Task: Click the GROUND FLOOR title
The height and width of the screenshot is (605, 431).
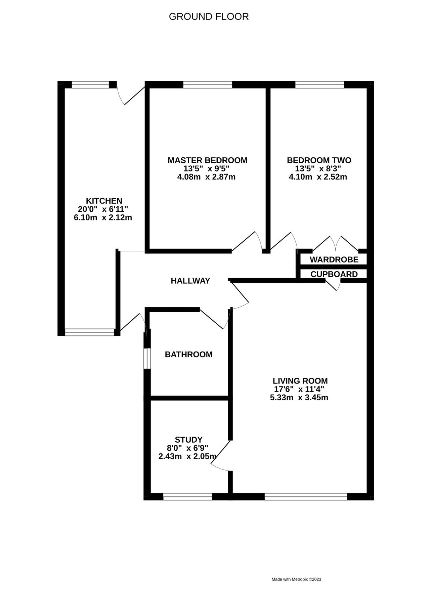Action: point(209,17)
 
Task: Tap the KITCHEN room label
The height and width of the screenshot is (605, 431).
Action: point(104,201)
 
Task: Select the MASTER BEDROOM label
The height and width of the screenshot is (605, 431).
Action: point(207,160)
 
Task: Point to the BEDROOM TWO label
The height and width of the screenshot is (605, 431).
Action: point(319,160)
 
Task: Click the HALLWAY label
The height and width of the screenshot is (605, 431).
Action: point(190,281)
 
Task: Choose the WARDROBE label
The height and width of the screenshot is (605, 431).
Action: point(334,259)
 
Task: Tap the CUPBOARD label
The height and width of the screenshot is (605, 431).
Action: point(334,274)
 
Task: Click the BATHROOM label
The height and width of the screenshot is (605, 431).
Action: point(188,354)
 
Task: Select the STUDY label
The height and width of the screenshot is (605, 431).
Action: point(188,440)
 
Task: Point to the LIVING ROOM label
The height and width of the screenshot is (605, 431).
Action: point(300,381)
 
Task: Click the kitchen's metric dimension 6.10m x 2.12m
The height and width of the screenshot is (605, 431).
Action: point(103,217)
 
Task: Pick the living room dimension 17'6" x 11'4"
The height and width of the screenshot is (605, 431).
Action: point(299,390)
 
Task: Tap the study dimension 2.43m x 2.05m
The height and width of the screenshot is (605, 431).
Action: point(187,456)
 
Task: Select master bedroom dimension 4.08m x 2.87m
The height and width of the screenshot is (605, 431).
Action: point(206,177)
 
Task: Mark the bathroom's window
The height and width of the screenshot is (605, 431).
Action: point(147,358)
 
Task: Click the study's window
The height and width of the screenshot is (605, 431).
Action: point(187,497)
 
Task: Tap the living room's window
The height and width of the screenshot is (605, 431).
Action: point(306,497)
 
